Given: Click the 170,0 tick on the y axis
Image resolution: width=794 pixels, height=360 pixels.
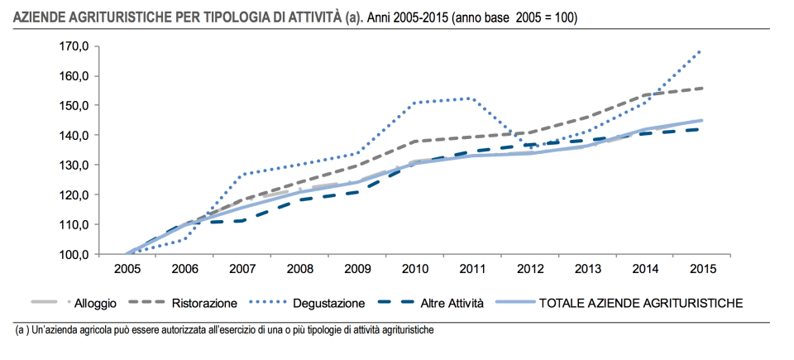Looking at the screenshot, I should pyautogui.click(x=74, y=46).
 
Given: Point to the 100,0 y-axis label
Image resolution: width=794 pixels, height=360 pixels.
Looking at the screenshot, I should pyautogui.click(x=74, y=254).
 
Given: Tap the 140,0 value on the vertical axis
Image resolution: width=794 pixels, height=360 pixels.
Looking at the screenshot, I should pyautogui.click(x=74, y=135).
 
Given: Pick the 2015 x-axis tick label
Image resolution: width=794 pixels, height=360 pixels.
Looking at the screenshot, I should pyautogui.click(x=702, y=269).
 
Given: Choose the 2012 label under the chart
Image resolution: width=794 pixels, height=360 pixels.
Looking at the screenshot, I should pyautogui.click(x=529, y=269).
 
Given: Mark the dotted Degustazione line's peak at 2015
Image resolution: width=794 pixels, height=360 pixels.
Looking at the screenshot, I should pyautogui.click(x=701, y=50).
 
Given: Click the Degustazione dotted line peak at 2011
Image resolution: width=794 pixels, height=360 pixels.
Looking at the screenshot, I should pyautogui.click(x=469, y=98).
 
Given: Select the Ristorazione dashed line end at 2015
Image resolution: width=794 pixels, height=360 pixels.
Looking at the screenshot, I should pyautogui.click(x=702, y=88).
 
